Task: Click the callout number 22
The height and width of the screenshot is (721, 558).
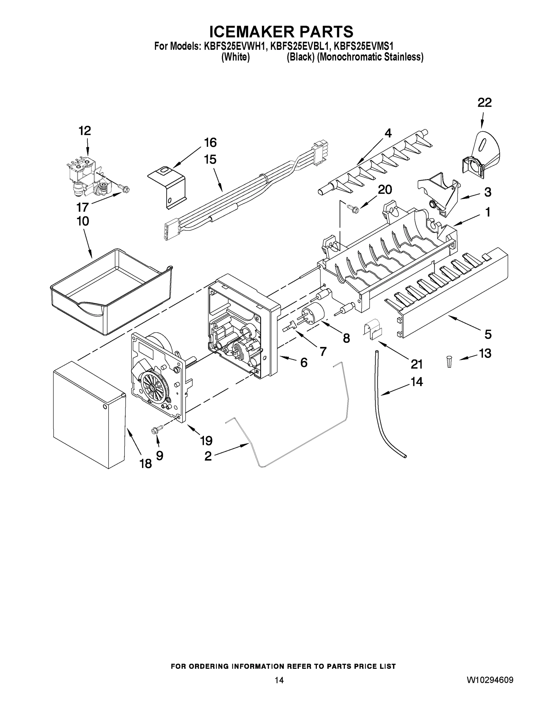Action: point(484,103)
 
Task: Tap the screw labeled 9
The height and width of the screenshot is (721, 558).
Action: point(154,430)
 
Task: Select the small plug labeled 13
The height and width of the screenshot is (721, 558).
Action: point(449,361)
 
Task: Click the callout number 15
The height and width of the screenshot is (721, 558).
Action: point(210,160)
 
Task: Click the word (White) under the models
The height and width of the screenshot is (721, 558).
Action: point(235,57)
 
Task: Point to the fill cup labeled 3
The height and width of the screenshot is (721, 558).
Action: point(438,193)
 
